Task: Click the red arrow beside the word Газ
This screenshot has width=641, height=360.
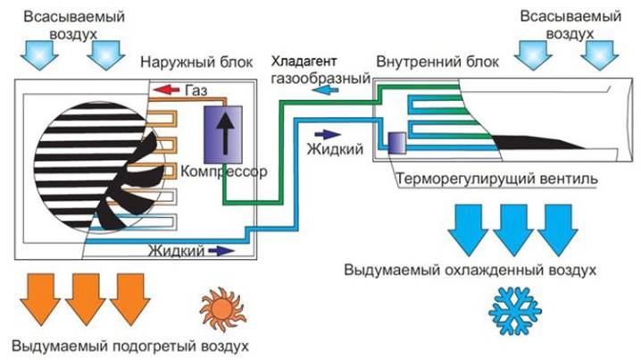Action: click(x=166, y=89)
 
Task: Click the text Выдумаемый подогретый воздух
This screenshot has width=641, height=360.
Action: click(x=130, y=345)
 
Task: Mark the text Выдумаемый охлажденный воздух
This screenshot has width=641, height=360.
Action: click(x=468, y=268)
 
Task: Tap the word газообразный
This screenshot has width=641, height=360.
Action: click(x=319, y=80)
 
